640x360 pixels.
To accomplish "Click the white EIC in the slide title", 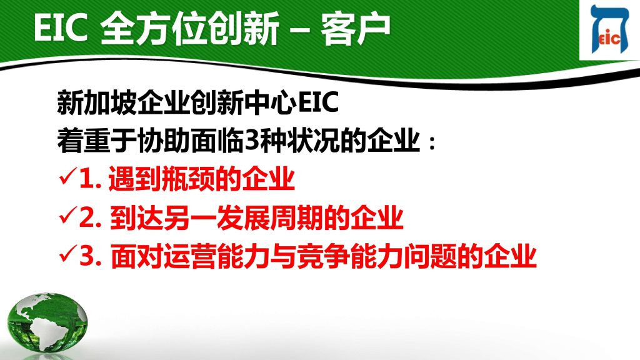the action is [61, 27].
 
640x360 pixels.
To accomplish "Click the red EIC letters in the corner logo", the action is [609, 38].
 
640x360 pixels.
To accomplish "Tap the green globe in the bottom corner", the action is [47, 322].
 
